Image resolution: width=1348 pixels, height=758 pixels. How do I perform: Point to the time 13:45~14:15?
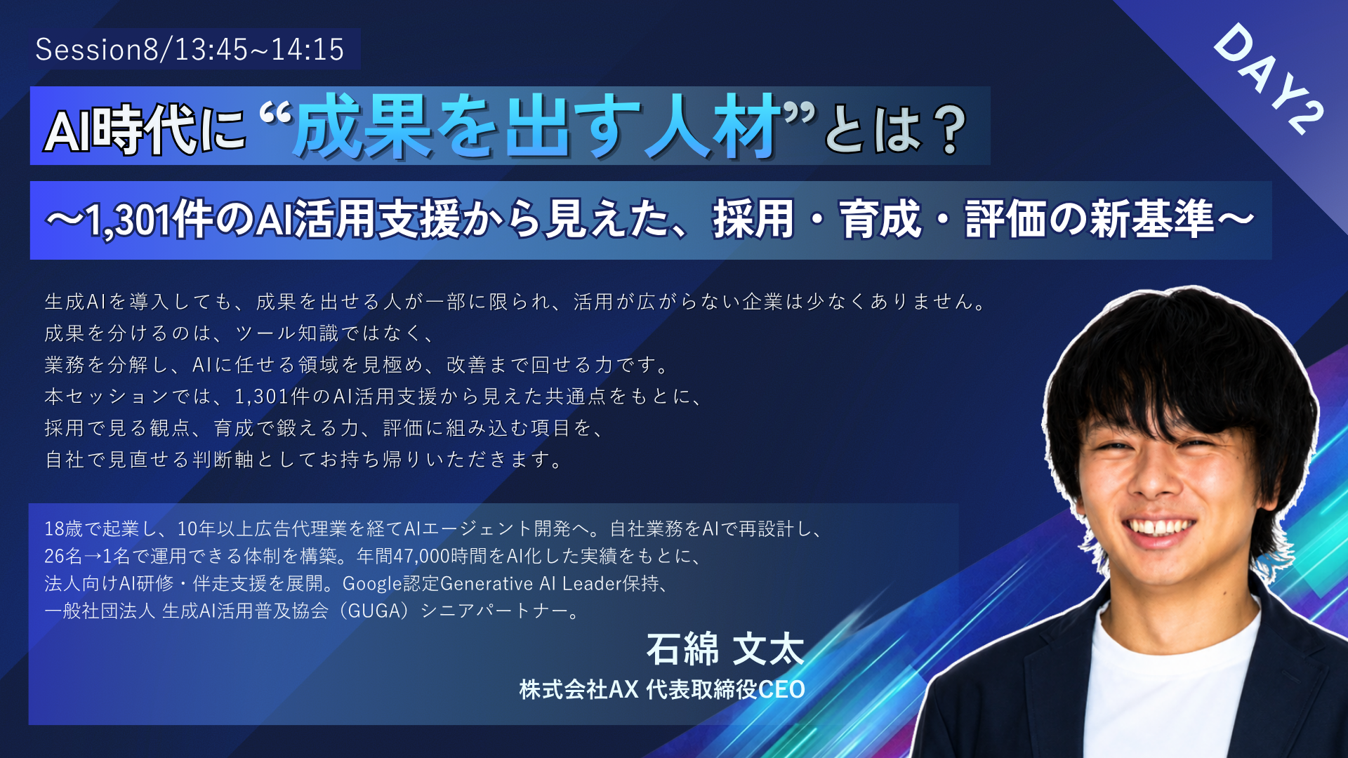[x=259, y=49]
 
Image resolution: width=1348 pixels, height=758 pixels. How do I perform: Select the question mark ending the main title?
[x=952, y=129]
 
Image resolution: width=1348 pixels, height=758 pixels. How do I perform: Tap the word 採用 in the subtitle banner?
[x=753, y=219]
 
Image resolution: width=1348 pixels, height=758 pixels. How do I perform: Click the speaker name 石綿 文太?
[x=725, y=649]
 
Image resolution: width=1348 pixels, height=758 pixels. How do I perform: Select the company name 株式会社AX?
[x=579, y=690]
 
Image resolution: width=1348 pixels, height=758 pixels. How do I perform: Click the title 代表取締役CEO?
[x=725, y=690]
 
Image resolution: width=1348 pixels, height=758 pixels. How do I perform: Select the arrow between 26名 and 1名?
[x=93, y=557]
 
